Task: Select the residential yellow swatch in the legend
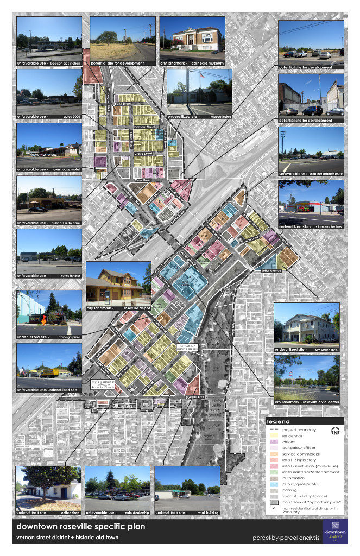[x=273, y=435]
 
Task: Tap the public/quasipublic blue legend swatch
[x=273, y=484]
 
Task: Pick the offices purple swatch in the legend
[x=273, y=441]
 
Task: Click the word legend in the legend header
[x=279, y=421]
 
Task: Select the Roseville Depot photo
[x=118, y=283]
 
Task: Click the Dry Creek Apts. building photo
[x=306, y=324]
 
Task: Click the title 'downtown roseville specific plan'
[x=80, y=527]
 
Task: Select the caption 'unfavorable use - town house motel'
[x=49, y=169]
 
